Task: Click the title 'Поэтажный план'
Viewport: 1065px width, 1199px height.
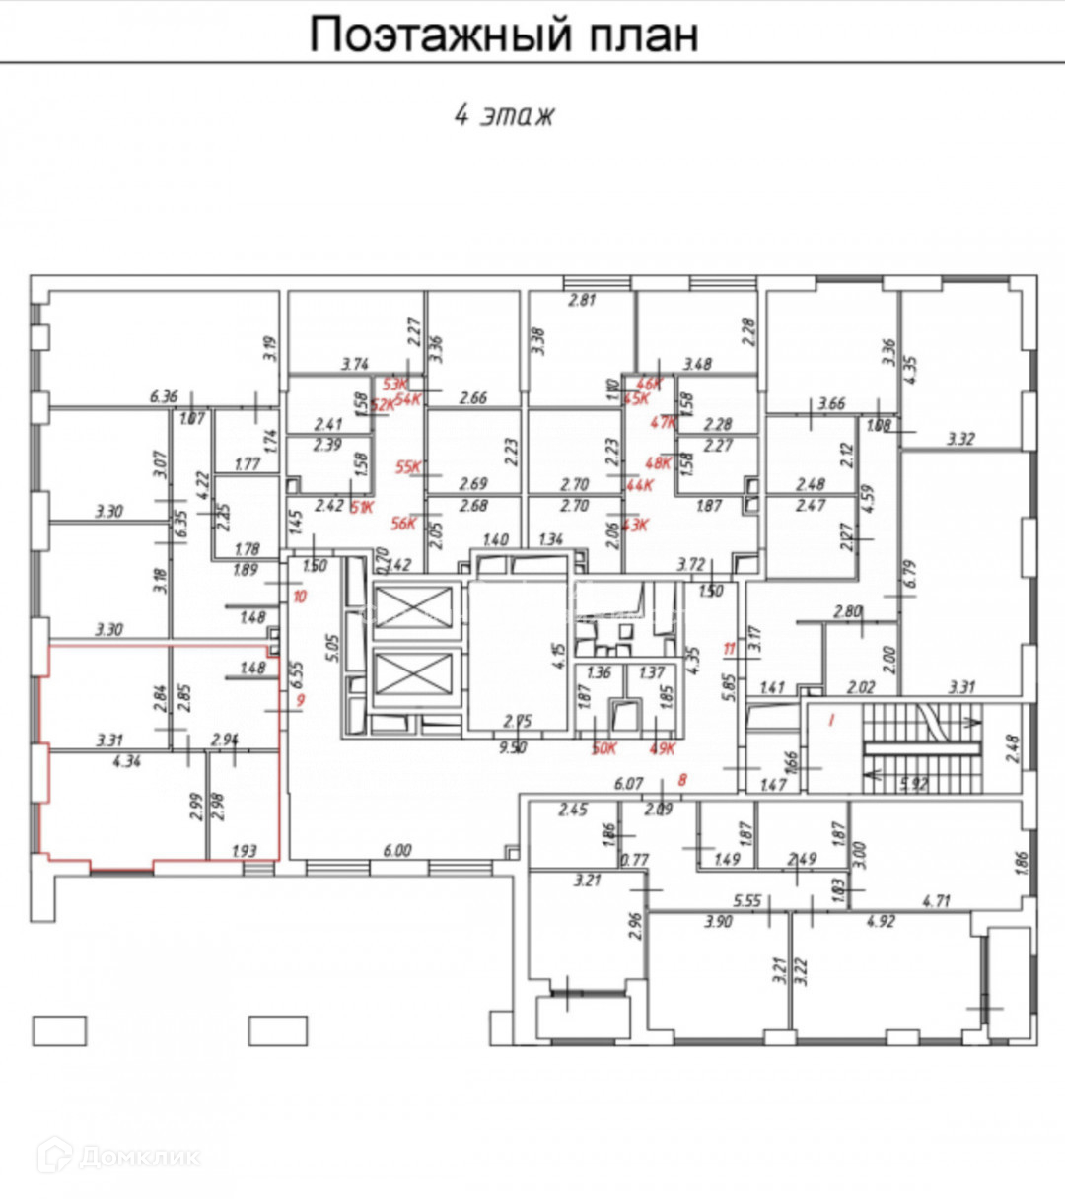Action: tap(504, 35)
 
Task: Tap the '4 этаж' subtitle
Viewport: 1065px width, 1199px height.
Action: tap(504, 114)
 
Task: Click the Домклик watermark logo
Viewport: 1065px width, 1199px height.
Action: tap(118, 1156)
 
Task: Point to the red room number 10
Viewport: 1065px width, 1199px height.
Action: tap(300, 597)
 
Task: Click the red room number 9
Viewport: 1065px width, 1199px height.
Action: tap(301, 701)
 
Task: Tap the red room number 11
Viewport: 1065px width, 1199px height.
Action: tap(730, 649)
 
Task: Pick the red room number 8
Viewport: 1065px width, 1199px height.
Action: tap(682, 780)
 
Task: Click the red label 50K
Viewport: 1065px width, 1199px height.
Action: tap(603, 747)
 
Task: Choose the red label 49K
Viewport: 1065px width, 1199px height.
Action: tap(661, 747)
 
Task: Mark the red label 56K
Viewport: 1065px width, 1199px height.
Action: tap(404, 524)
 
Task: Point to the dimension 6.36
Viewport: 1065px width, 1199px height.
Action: tap(164, 397)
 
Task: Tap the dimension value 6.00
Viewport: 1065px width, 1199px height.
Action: tap(396, 850)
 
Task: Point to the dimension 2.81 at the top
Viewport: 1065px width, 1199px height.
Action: tap(583, 300)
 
